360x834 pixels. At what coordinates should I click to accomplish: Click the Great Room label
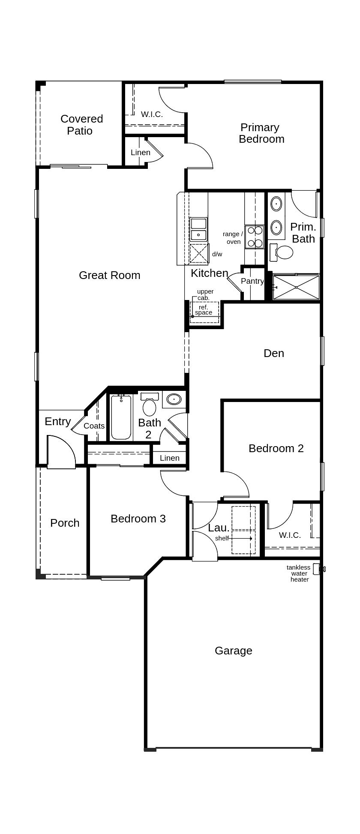pyautogui.click(x=109, y=275)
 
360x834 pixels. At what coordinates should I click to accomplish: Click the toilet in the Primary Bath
pyautogui.click(x=282, y=252)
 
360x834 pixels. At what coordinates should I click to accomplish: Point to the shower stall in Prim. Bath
pyautogui.click(x=296, y=287)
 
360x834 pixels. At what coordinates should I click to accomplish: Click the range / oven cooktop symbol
pyautogui.click(x=255, y=237)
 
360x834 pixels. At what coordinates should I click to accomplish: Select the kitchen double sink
pyautogui.click(x=198, y=229)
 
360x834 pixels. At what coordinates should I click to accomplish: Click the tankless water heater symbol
pyautogui.click(x=317, y=569)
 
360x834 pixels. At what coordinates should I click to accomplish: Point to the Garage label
pyautogui.click(x=233, y=651)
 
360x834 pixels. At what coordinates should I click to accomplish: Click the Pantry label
pyautogui.click(x=252, y=281)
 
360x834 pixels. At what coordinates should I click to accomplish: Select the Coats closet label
pyautogui.click(x=94, y=426)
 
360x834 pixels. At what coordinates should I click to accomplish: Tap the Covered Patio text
pyautogui.click(x=81, y=125)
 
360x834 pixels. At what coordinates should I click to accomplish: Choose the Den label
pyautogui.click(x=273, y=353)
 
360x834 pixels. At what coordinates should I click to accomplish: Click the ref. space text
pyautogui.click(x=204, y=310)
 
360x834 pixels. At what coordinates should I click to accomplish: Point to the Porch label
pyautogui.click(x=65, y=523)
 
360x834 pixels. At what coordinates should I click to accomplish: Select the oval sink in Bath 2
pyautogui.click(x=174, y=399)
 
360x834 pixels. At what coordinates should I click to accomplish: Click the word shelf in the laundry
pyautogui.click(x=222, y=538)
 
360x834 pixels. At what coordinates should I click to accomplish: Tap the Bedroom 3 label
pyautogui.click(x=138, y=519)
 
